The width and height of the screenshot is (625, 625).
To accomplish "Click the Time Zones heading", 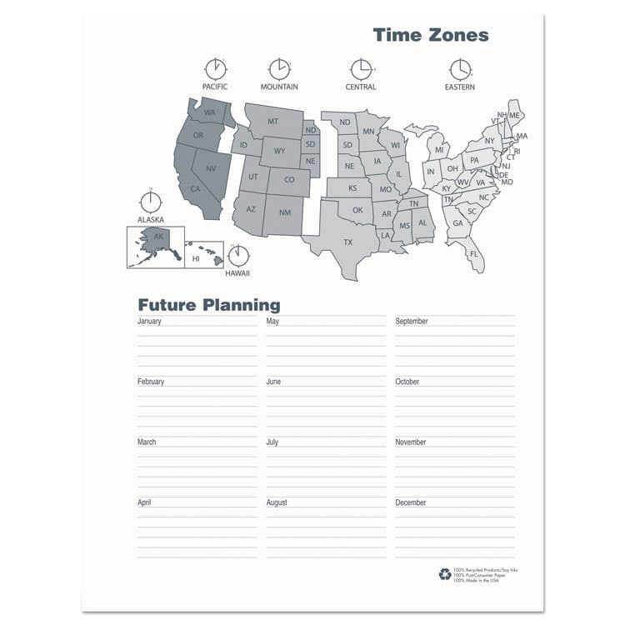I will coord(430,35).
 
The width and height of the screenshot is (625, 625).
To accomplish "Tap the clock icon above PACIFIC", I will coord(215,68).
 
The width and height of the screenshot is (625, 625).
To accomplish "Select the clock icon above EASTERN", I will coord(460,68).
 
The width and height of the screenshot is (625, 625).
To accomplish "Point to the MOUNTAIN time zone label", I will coord(279,87).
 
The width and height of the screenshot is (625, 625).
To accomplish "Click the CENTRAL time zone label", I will coord(361,87).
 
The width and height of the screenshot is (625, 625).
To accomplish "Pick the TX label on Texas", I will coord(348,242).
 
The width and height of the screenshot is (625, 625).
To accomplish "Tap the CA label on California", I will coord(196,188).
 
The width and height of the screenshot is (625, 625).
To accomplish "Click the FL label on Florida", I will coord(473,253).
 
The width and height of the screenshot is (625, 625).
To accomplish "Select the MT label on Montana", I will coord(272,122).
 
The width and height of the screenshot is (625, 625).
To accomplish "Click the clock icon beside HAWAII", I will coord(238,255).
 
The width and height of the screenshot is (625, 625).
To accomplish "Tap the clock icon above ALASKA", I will coord(151,202).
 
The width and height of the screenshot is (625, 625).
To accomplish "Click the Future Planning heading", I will coord(208,305).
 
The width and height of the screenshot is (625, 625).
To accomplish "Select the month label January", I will coord(149,321).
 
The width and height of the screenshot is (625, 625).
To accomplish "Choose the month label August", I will coord(277,502).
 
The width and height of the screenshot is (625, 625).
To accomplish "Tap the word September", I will coord(412,321).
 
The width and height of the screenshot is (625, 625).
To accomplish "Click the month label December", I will coord(411,502).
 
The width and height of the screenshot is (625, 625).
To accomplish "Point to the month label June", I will coord(273,382).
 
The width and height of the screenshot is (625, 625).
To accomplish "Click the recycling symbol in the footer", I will coord(445,574).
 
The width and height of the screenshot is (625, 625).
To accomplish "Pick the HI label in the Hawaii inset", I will coord(197,259).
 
